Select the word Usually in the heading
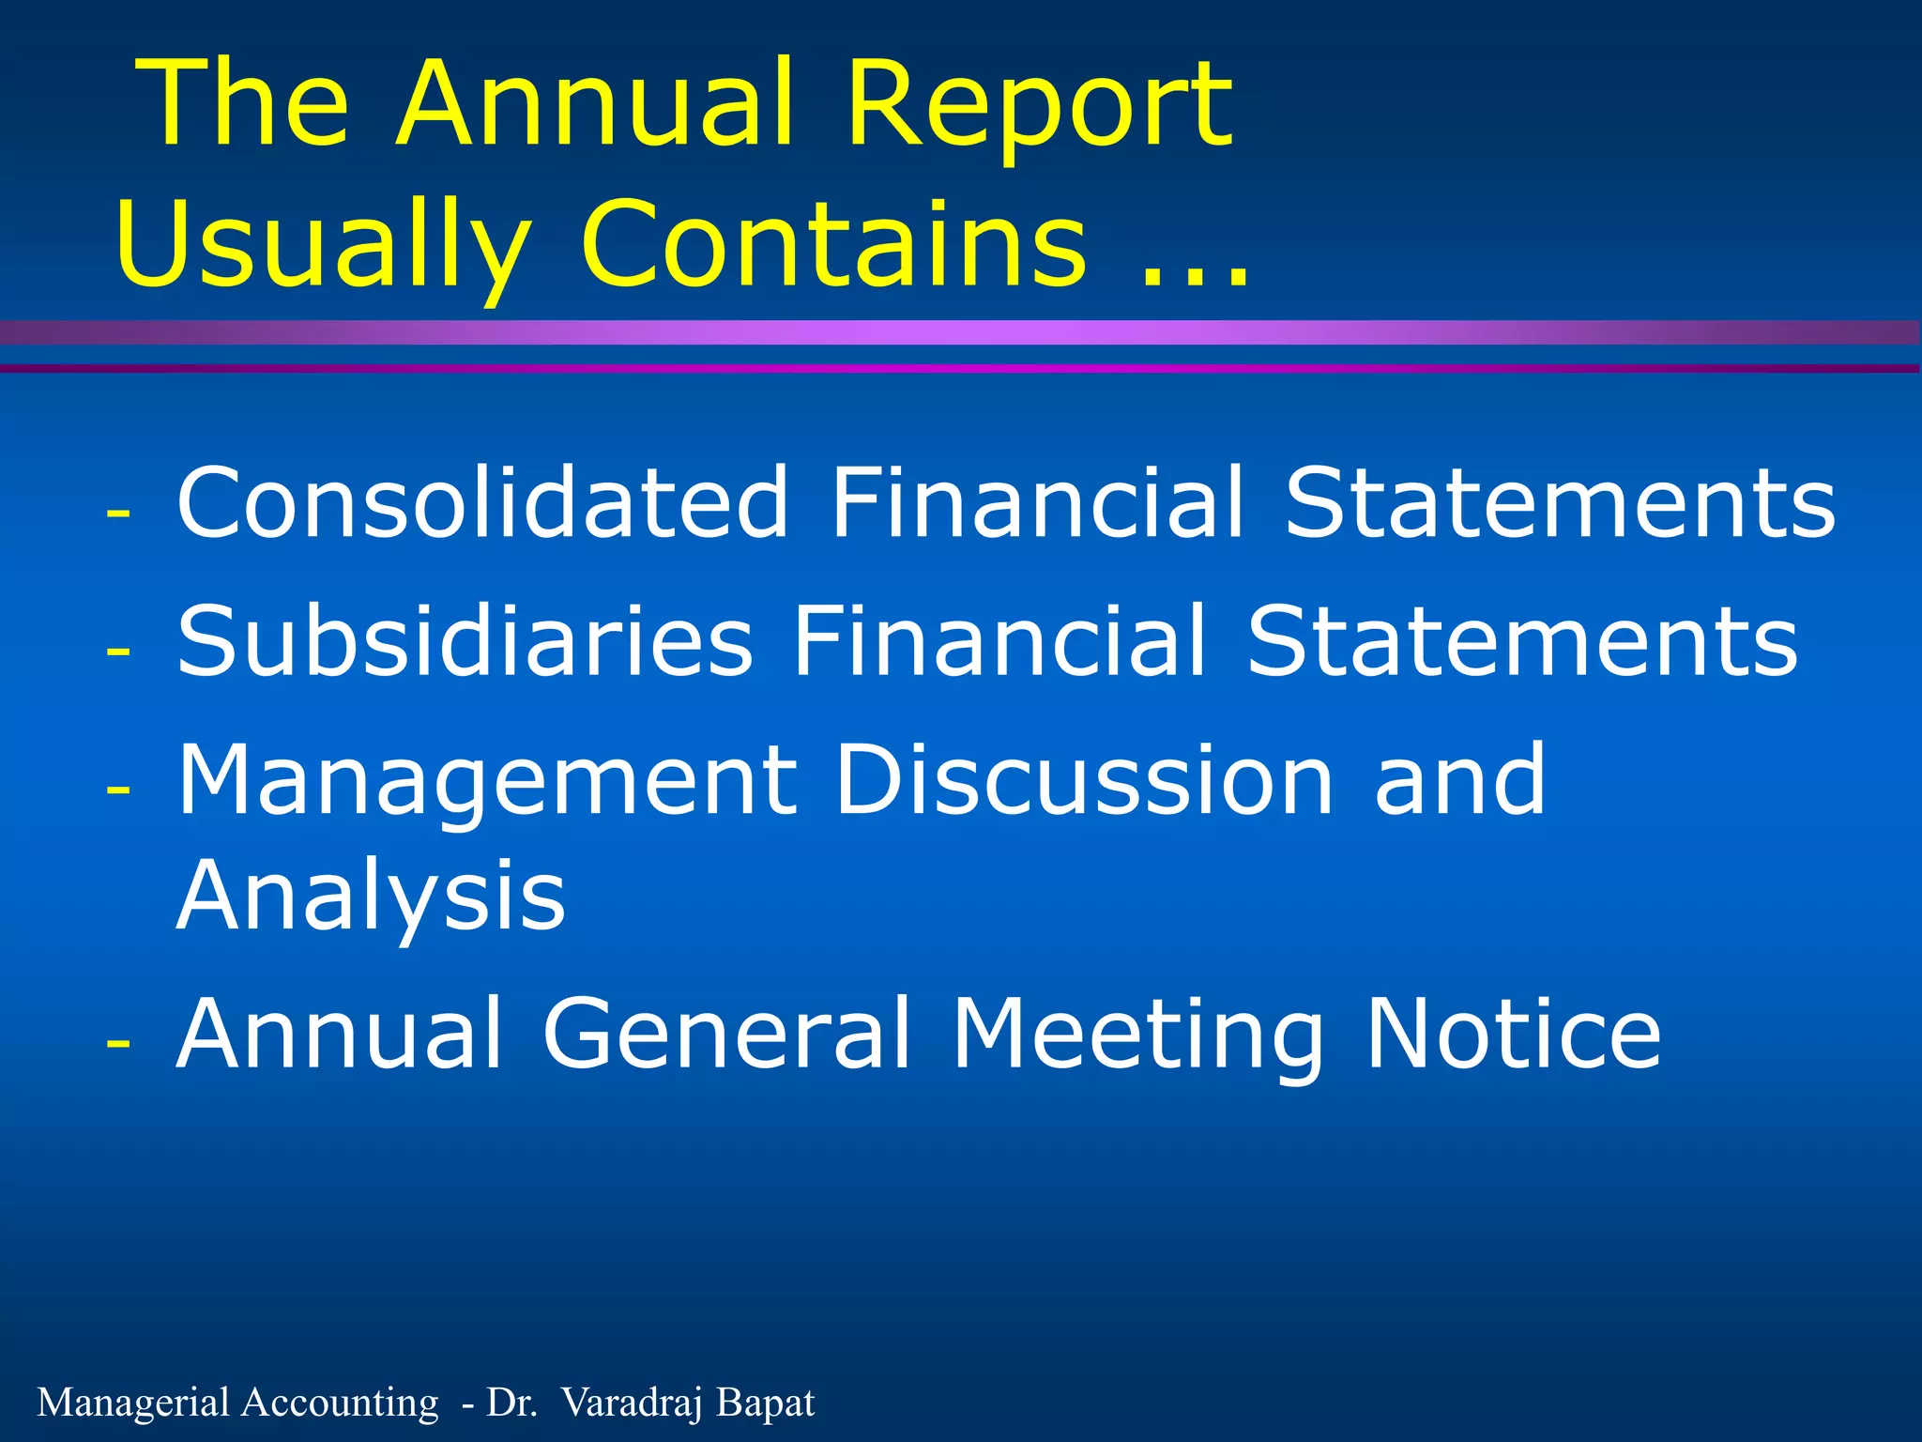click(324, 246)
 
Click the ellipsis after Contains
click(1195, 274)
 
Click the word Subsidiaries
click(465, 640)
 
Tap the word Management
click(487, 782)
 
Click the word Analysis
click(371, 897)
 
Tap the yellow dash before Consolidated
click(118, 513)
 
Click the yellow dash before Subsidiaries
click(118, 650)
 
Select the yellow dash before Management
click(118, 789)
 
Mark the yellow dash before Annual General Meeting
click(118, 1042)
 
